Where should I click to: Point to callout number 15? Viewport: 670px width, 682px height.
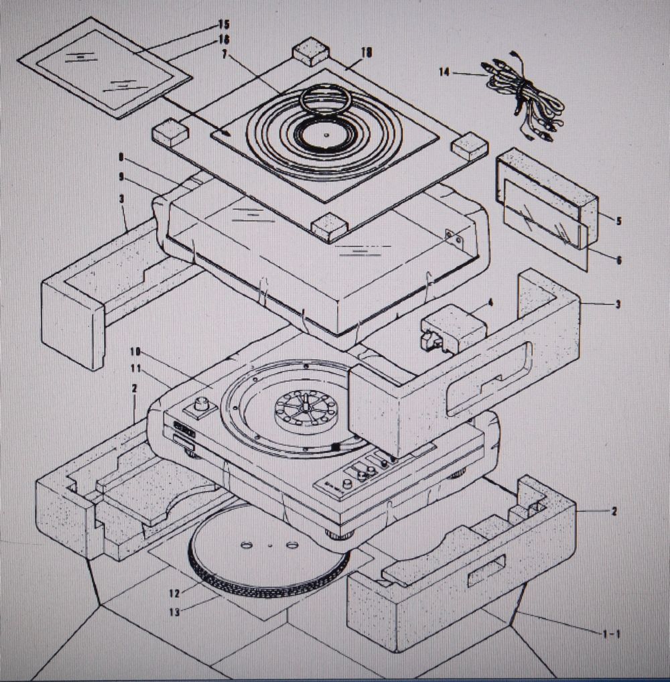[x=223, y=24]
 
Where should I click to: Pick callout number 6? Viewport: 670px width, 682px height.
[x=618, y=260]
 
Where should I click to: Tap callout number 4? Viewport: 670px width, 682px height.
[x=490, y=302]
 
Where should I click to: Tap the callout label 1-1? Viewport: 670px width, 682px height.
[x=610, y=632]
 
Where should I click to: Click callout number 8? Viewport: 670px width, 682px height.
[x=121, y=159]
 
